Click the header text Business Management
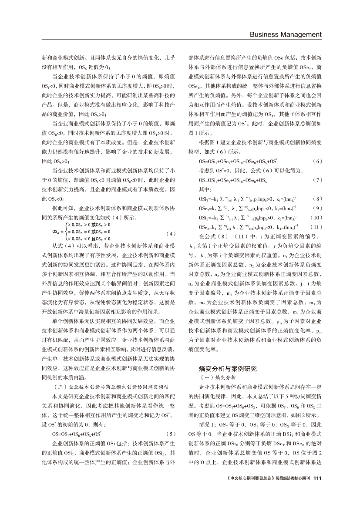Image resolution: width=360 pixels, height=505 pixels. [285, 34]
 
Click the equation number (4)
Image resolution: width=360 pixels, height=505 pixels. [171, 233]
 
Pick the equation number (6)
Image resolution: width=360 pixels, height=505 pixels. [317, 161]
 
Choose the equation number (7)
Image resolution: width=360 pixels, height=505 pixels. [317, 179]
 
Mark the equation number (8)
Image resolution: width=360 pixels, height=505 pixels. [317, 199]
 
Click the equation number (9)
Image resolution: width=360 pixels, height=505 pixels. [317, 208]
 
